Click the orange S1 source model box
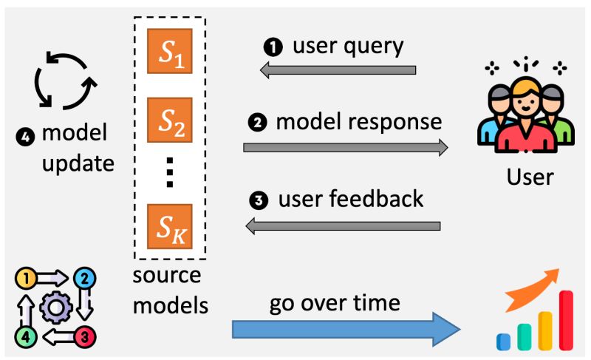click(169, 52)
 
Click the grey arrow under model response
click(346, 148)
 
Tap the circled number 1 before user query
click(273, 47)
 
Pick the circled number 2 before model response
click(259, 123)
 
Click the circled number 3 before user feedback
click(260, 200)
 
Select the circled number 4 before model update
click(24, 135)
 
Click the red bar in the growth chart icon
click(566, 319)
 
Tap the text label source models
click(168, 289)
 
